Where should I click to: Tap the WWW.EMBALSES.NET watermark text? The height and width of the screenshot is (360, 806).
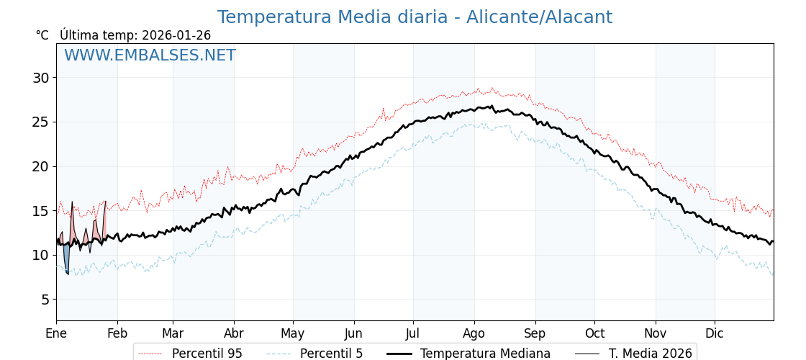150,55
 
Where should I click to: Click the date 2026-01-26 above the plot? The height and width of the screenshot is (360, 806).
176,35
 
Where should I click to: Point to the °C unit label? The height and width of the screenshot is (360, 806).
42,35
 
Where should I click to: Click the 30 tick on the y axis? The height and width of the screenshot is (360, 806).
40,78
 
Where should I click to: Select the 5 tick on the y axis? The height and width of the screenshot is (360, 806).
44,300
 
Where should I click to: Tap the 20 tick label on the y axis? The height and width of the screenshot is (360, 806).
40,166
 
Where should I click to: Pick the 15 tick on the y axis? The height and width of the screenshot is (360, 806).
40,211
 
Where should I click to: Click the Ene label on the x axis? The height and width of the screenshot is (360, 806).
56,334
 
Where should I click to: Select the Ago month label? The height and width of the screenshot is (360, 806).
474,334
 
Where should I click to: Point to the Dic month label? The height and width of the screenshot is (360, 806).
715,334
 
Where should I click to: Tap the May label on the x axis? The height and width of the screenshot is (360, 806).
293,334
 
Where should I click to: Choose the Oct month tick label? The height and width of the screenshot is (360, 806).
594,334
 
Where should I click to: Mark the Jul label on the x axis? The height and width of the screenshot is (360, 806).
413,334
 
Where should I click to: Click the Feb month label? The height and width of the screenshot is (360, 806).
117,334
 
